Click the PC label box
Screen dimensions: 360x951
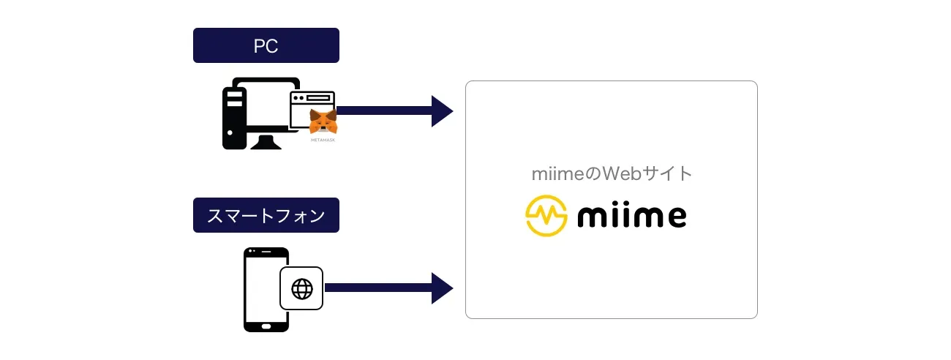[x=266, y=45]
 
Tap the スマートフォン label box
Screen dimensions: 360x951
[x=266, y=215]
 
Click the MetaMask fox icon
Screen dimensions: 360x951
[x=323, y=121]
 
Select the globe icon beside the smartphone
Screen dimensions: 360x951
[x=301, y=288]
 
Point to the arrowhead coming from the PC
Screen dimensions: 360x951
[x=442, y=111]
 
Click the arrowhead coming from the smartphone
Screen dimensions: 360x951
[x=442, y=288]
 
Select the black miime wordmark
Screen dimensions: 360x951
[x=631, y=216]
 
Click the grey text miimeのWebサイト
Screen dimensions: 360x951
[x=612, y=174]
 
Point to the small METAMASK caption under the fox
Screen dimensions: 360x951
[x=323, y=139]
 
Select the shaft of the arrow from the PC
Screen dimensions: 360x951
[x=384, y=111]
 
